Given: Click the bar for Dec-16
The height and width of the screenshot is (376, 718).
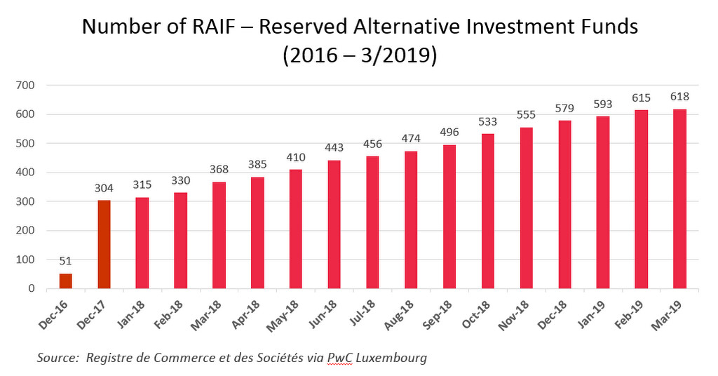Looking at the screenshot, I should pyautogui.click(x=65, y=281).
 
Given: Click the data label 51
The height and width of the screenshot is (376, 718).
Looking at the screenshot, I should pyautogui.click(x=65, y=261).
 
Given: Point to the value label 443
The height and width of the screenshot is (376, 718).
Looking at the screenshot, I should pyautogui.click(x=334, y=147).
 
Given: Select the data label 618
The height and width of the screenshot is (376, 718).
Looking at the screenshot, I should pyautogui.click(x=679, y=96).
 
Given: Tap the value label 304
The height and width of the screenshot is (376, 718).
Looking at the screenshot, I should pyautogui.click(x=104, y=187).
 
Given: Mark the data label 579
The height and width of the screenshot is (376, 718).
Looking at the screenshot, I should pyautogui.click(x=564, y=108).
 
